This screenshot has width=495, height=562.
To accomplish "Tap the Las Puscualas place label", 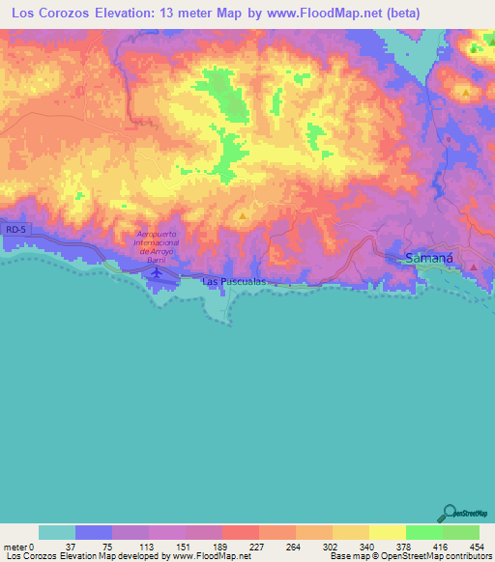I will pyautogui.click(x=234, y=281).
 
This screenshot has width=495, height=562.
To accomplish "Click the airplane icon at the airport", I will pyautogui.click(x=156, y=273).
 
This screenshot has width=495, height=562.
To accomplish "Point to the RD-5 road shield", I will pyautogui.click(x=13, y=230).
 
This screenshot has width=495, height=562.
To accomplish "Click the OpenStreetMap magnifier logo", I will pyautogui.click(x=451, y=512).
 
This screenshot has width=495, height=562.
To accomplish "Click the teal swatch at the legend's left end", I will pyautogui.click(x=56, y=532).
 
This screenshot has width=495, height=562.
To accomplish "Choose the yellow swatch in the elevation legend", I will pyautogui.click(x=387, y=532).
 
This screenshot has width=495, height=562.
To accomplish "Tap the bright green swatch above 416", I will pyautogui.click(x=423, y=532).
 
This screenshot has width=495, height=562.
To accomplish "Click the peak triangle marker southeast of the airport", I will pyautogui.click(x=242, y=216).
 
